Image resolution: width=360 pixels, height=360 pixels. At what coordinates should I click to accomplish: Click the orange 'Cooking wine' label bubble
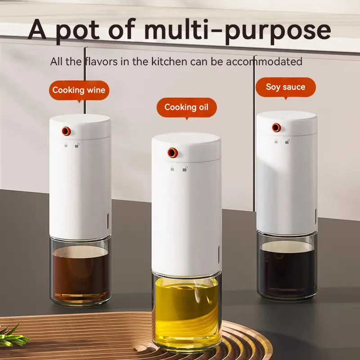coord(79,90)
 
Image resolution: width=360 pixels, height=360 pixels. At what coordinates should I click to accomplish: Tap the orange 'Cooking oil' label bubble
coord(186,108)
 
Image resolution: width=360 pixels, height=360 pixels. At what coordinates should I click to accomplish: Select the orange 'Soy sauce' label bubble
coord(285,87)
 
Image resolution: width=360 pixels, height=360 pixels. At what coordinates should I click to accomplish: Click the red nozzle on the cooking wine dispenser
coord(66,131)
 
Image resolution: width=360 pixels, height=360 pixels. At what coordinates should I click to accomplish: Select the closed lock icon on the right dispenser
coord(276,141)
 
